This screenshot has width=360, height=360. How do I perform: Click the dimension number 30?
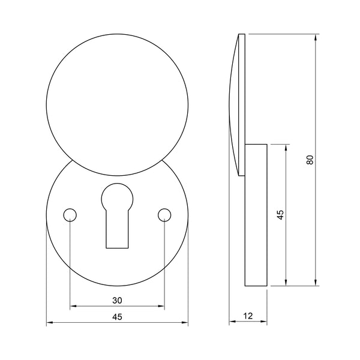point(117,300)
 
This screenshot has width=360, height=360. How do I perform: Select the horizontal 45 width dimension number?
point(117,318)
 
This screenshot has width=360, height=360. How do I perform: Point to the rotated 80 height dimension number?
point(310,160)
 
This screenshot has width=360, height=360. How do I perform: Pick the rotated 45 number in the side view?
point(280,214)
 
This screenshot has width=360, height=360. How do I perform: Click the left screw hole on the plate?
point(70,214)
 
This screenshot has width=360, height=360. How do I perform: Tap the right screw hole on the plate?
point(164,214)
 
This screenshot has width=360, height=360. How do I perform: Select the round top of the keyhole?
point(117,196)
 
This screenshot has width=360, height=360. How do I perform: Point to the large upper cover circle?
point(118,102)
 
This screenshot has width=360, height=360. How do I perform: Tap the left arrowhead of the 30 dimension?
point(73,307)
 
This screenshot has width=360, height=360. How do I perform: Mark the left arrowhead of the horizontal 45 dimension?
point(49,324)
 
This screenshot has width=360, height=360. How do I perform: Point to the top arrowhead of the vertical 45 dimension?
point(286,146)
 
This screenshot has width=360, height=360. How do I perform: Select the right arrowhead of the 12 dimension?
point(265,324)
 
